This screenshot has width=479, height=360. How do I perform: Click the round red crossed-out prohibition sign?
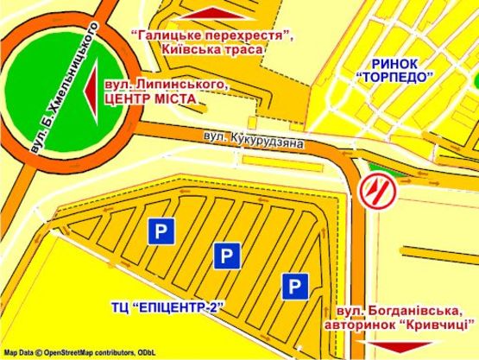[x=376, y=190]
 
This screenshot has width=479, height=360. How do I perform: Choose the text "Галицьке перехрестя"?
[x=212, y=35]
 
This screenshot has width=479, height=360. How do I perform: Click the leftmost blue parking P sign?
[x=160, y=230]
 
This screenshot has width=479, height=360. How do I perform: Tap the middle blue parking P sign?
[x=225, y=255]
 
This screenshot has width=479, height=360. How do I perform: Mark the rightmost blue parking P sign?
[x=295, y=285]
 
